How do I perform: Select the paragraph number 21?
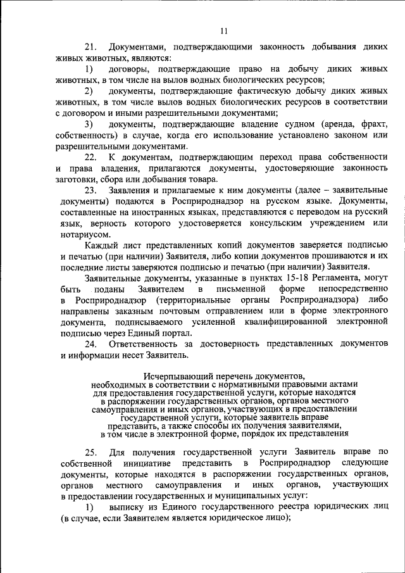tap(90, 47)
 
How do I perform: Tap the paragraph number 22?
tap(90, 156)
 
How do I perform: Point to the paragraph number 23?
tap(90, 189)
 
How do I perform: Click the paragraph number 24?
tap(90, 343)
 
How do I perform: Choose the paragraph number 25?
tap(90, 452)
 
